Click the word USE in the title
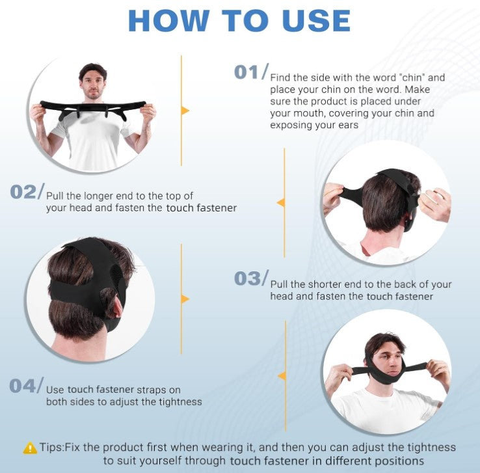click(x=316, y=21)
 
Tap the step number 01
click(x=246, y=73)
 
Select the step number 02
click(x=23, y=192)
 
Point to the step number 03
click(x=247, y=278)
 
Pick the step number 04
click(x=22, y=386)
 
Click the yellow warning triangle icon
click(x=30, y=448)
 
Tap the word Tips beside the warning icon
click(x=51, y=448)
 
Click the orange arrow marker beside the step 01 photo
click(x=185, y=111)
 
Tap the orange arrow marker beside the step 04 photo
click(x=282, y=375)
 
